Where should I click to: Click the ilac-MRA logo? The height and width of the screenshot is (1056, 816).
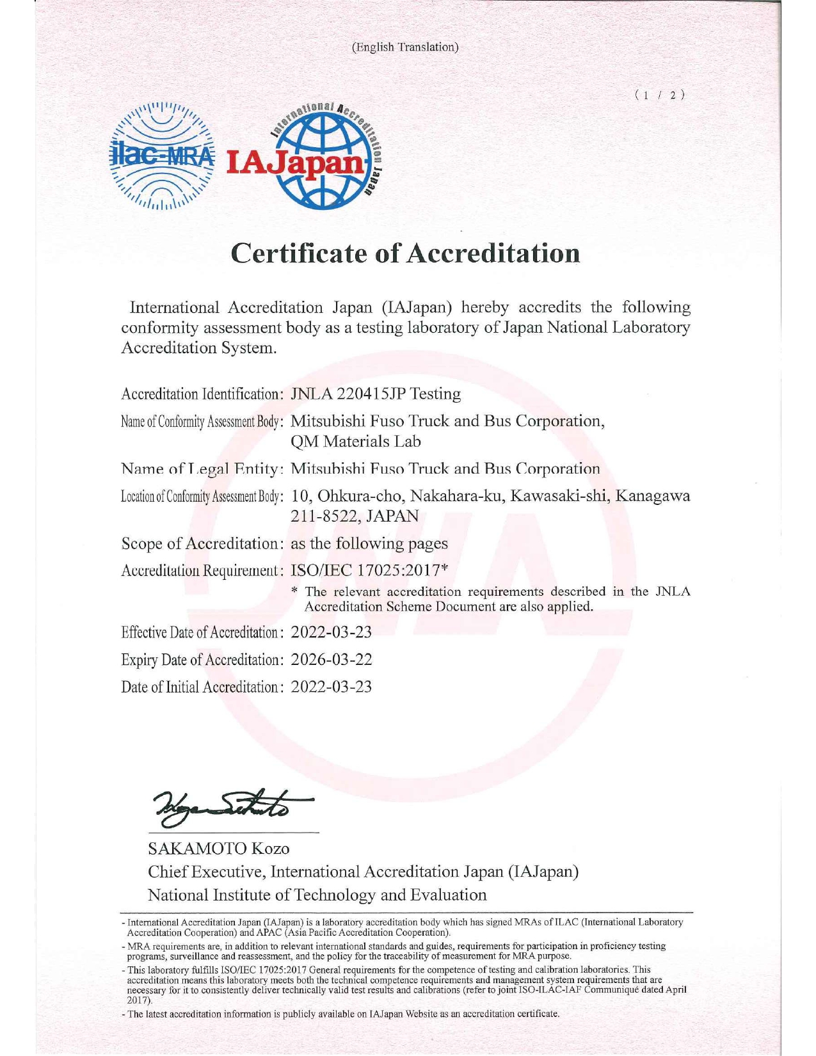coord(163,156)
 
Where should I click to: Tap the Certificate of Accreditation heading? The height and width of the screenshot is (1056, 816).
coord(406,253)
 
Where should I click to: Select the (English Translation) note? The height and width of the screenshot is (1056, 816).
coord(406,47)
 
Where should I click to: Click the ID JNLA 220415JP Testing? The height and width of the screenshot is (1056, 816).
coord(376,394)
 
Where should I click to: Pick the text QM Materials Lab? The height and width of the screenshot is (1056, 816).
coord(356,442)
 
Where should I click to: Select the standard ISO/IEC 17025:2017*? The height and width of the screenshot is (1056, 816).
coord(369,570)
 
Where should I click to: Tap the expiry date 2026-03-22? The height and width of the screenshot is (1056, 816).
coord(332,659)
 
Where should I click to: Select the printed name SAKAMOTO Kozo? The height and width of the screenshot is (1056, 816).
coord(219,849)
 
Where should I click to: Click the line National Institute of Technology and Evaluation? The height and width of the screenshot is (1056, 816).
coord(317,895)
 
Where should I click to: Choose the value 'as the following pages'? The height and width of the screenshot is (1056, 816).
coord(369,543)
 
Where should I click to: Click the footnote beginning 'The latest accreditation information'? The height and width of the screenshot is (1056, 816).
coord(344,1014)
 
